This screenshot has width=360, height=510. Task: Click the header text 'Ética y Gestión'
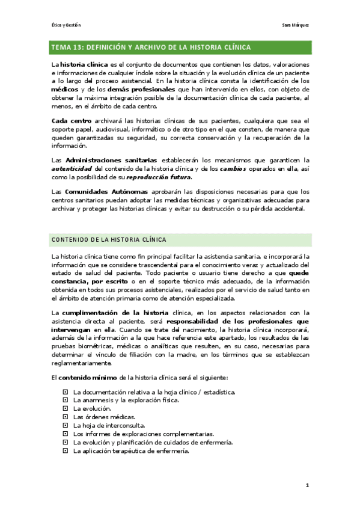click(67, 25)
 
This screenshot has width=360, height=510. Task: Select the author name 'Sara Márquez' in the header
click(296, 25)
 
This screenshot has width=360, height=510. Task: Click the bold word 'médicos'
click(63, 88)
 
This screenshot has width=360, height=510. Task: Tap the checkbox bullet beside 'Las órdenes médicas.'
click(66, 417)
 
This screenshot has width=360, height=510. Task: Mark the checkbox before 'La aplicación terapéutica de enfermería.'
click(66, 451)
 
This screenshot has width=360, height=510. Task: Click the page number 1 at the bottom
click(307, 485)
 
